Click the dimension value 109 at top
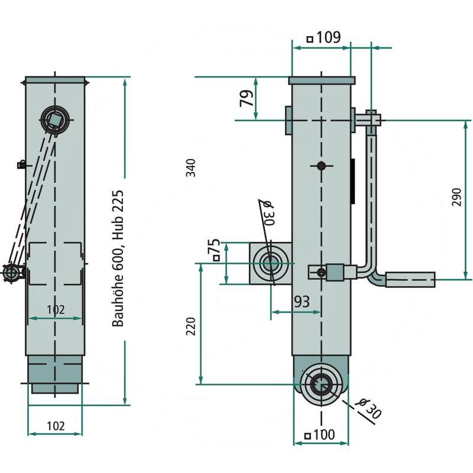pos(324,37)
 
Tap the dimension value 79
pos(247,98)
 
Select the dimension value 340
pos(190,167)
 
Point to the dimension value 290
pos(456,197)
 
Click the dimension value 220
pos(190,326)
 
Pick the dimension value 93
pos(302,302)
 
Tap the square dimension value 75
pos(216,250)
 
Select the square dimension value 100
pos(320,435)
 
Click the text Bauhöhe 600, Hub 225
pos(118,258)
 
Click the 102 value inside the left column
pos(56,309)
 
